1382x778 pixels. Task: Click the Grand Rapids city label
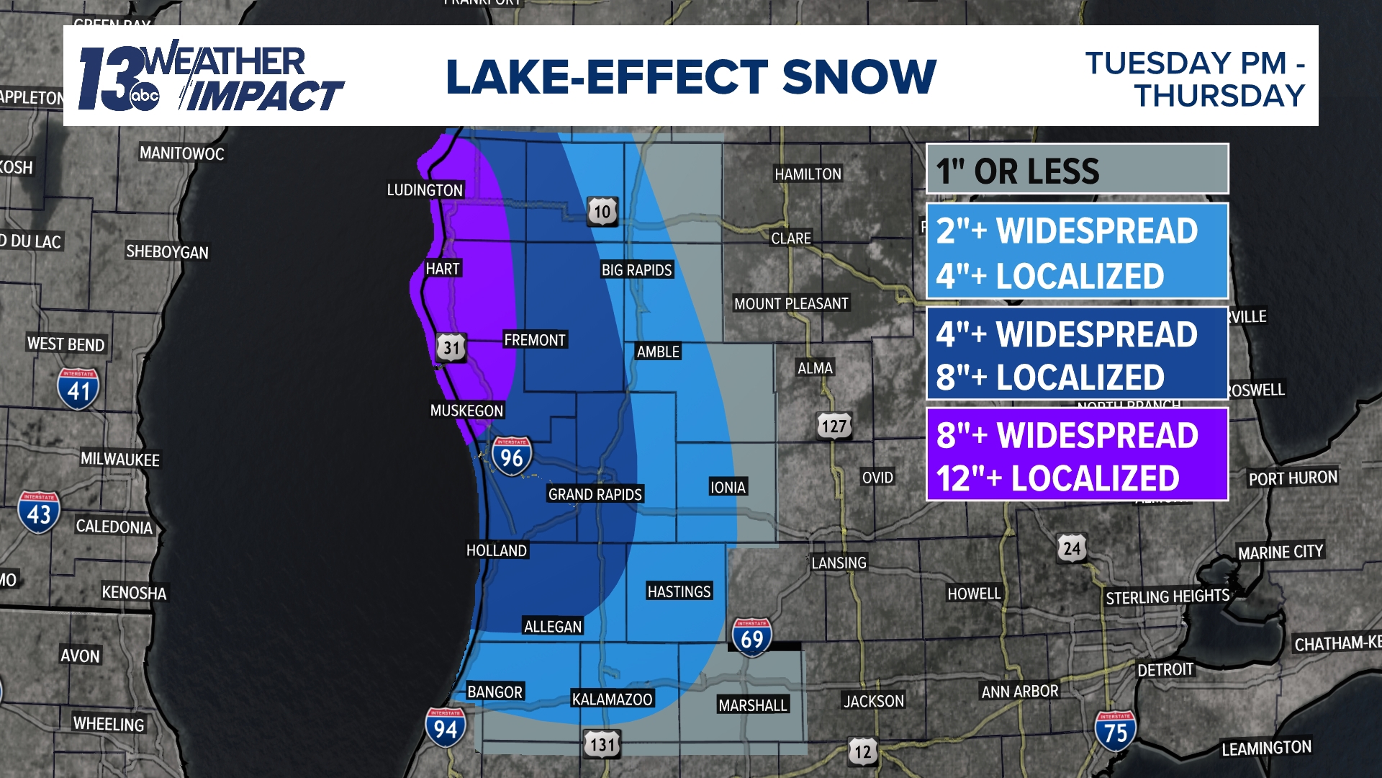[595, 494]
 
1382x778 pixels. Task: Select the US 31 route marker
[451, 348]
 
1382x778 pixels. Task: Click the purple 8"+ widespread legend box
[1077, 455]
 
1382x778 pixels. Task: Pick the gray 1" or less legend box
[1077, 169]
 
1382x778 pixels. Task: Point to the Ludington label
[425, 190]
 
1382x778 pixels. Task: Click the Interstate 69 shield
[751, 638]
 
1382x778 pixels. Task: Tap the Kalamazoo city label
[612, 699]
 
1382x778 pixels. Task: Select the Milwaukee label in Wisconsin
[119, 460]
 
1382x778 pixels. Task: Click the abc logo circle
[144, 96]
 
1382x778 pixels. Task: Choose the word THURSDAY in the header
[1220, 96]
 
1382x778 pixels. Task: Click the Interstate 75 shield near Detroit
[1115, 731]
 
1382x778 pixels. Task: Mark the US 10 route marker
[602, 211]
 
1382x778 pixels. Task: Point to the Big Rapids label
[636, 269]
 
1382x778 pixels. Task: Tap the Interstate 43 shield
[39, 513]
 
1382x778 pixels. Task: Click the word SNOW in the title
[859, 76]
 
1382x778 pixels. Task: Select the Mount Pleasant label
[791, 303]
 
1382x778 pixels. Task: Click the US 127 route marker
[834, 426]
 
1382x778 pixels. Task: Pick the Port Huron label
[1293, 478]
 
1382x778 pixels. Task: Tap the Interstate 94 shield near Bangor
[445, 728]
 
